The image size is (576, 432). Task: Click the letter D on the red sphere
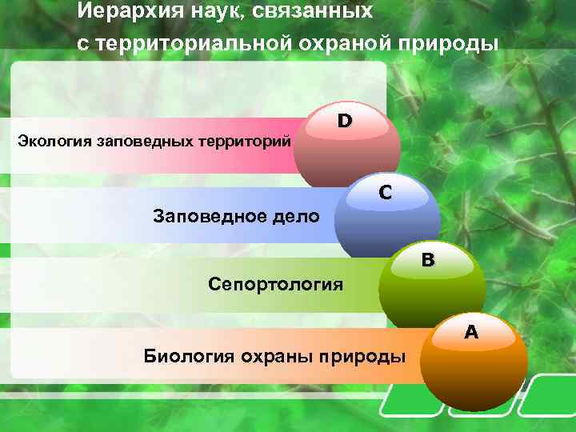point(344,122)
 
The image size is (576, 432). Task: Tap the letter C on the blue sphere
point(386,192)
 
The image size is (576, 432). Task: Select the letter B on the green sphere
point(428,260)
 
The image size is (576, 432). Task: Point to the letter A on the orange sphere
point(471,331)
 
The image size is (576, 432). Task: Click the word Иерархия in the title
point(123,12)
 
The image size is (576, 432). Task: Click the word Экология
point(54,142)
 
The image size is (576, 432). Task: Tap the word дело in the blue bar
point(299,216)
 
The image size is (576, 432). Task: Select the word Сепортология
point(275,284)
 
